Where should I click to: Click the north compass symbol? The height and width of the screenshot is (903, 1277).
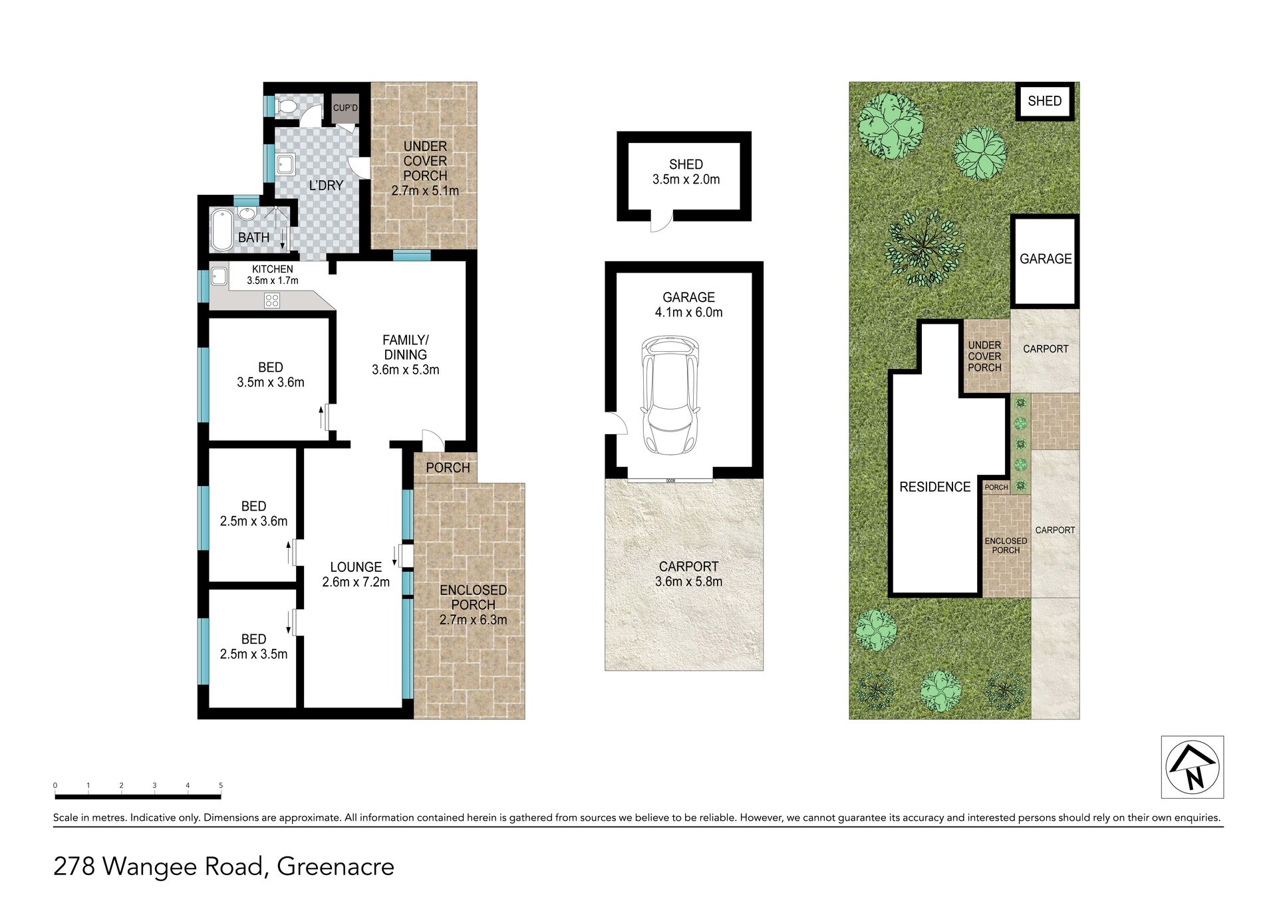pos(1193,767)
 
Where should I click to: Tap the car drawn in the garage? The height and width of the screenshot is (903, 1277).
pos(670,395)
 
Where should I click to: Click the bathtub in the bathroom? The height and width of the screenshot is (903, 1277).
pos(222,230)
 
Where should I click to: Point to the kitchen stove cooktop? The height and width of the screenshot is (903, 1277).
pos(272,301)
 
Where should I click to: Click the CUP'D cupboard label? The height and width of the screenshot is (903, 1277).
pos(346,108)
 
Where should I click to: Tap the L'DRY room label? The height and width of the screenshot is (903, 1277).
pos(326,186)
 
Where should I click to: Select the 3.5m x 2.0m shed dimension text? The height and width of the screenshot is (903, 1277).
pos(686,180)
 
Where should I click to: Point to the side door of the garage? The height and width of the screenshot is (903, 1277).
pos(616,424)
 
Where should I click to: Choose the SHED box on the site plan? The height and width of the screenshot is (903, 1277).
pos(1045,101)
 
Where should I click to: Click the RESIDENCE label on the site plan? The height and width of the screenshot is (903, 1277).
pos(934,487)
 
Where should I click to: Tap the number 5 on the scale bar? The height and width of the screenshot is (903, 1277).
pos(221,785)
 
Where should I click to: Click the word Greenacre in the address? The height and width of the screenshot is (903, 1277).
pos(336,867)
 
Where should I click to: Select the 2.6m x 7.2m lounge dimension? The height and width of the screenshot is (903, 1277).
pos(356,582)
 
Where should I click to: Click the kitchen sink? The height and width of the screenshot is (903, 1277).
pos(219,275)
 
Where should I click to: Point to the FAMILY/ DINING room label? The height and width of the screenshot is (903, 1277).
pos(405,348)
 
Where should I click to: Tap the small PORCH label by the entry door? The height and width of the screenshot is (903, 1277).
pos(448,468)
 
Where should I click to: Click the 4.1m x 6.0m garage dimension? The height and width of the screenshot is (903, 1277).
pos(688,313)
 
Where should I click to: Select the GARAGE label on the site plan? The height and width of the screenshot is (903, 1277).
pos(1046,259)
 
